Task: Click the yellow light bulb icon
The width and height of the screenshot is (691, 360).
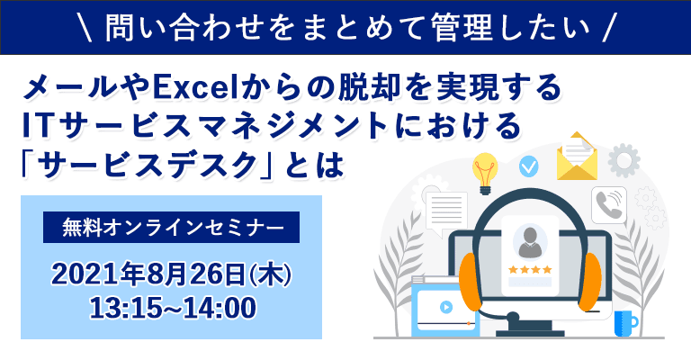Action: pyautogui.click(x=486, y=171)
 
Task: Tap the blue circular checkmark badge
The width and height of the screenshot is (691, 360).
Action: pyautogui.click(x=530, y=166)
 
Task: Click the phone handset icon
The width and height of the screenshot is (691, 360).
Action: pyautogui.click(x=609, y=204)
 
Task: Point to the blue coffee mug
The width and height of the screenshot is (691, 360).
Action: pyautogui.click(x=624, y=322)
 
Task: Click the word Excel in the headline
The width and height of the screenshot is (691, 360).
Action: pyautogui.click(x=195, y=87)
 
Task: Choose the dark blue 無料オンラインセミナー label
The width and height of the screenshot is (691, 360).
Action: pyautogui.click(x=172, y=228)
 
